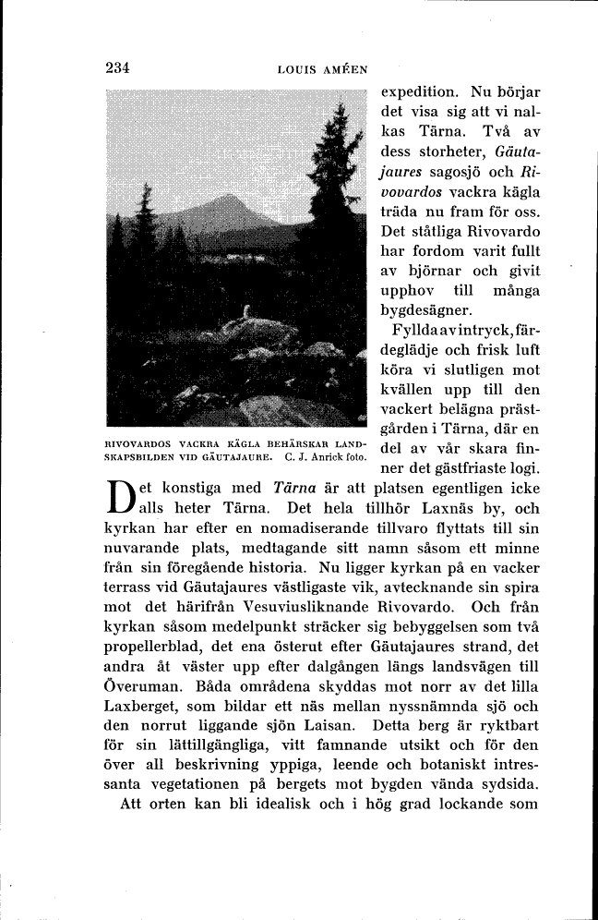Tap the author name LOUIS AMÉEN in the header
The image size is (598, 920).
coord(322,68)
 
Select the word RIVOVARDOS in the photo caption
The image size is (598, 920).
coord(135,442)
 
